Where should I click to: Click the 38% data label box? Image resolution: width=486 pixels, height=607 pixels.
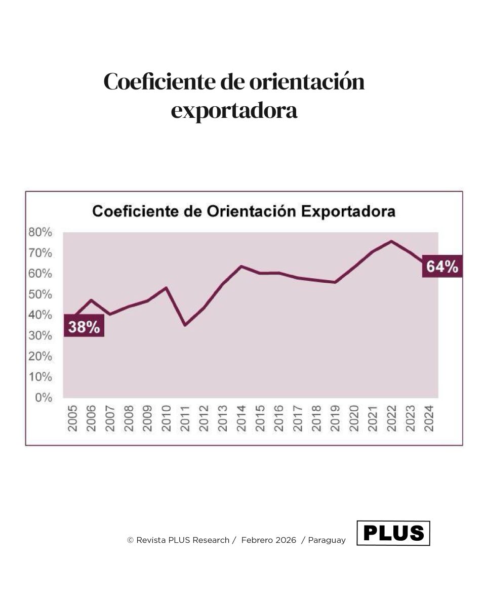tap(84, 327)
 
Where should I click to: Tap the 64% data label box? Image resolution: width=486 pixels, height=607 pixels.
tap(442, 267)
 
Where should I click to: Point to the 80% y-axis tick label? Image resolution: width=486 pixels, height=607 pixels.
tap(39, 232)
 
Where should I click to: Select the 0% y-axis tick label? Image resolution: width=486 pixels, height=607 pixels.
tap(44, 398)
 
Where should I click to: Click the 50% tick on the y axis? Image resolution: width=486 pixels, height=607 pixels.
tap(39, 294)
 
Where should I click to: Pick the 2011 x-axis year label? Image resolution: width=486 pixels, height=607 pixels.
tap(185, 418)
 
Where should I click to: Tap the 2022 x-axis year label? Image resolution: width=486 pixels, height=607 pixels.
tap(391, 418)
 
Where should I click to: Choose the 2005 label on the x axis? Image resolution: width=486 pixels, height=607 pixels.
tap(72, 418)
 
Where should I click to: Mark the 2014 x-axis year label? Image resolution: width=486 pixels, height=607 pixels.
tap(241, 418)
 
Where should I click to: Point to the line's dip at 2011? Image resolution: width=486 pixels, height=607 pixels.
tap(185, 325)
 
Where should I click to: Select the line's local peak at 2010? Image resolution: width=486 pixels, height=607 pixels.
tap(166, 288)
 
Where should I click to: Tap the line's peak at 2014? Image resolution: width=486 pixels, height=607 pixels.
tap(241, 266)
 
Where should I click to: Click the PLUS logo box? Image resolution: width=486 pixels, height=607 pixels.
tap(393, 533)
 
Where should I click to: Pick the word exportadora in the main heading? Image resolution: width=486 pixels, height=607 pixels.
tap(234, 111)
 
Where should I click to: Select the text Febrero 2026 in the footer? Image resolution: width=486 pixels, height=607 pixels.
tap(269, 540)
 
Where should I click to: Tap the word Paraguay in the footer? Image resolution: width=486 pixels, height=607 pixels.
tap(327, 540)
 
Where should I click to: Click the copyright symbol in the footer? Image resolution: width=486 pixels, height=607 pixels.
tap(130, 540)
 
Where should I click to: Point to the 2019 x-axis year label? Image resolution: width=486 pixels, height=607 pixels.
tap(335, 418)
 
